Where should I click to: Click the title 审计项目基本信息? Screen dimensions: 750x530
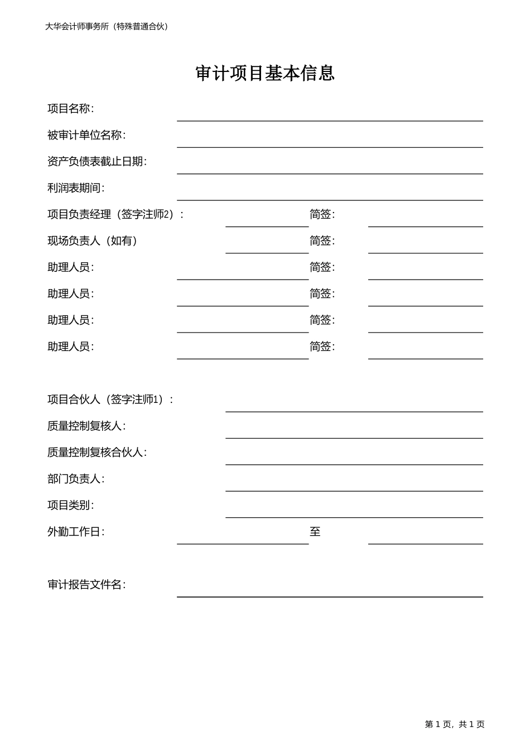[265, 74]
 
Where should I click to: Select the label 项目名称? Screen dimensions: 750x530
[70, 109]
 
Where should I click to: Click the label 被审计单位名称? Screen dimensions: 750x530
[86, 135]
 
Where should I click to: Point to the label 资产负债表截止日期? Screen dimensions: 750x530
[97, 162]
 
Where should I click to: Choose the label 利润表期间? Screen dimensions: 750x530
[76, 188]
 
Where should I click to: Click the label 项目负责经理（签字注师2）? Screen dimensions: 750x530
[115, 214]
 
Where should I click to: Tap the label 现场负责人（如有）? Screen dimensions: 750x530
[93, 241]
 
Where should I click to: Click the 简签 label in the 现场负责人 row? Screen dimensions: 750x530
[322, 241]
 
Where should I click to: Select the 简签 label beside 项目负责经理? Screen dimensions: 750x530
[322, 214]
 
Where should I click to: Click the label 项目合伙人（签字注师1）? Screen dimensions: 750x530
[110, 400]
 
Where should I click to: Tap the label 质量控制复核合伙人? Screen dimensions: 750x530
[97, 453]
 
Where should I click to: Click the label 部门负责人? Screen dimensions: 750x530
[76, 479]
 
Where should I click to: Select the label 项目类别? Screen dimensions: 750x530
[70, 506]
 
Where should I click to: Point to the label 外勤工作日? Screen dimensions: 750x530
[76, 532]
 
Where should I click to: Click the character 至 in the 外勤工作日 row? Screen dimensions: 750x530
[315, 532]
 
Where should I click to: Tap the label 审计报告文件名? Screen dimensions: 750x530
[86, 585]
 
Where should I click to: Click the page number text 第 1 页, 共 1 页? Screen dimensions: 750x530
[455, 724]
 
